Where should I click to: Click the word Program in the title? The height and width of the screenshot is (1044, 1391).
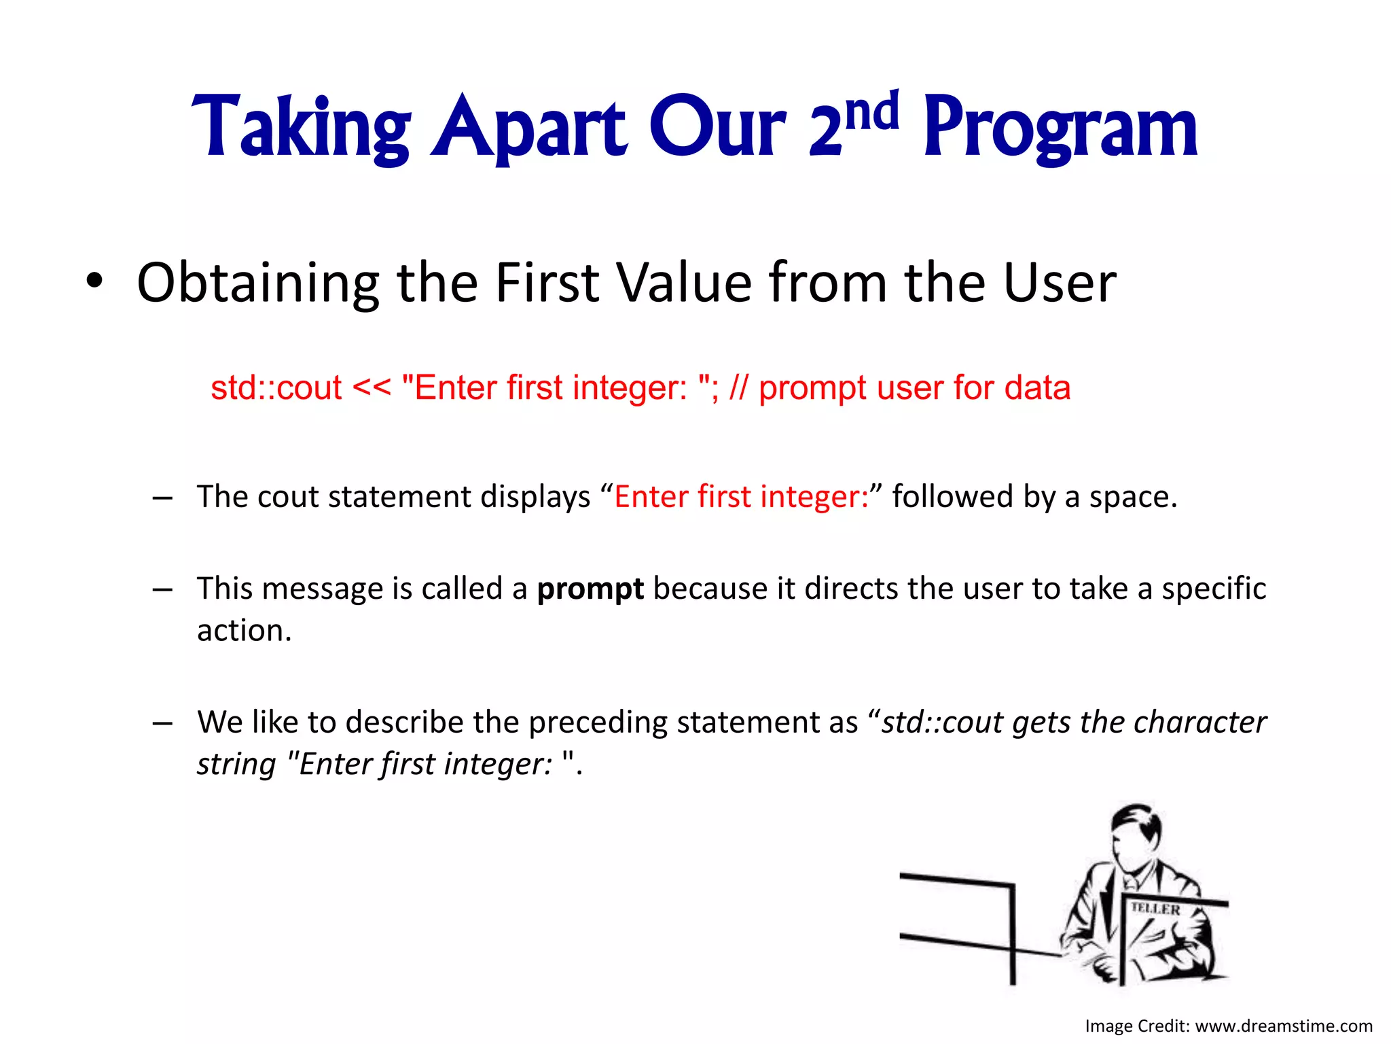1060,129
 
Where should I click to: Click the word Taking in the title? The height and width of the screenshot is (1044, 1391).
301,129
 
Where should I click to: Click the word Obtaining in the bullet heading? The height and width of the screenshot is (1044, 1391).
257,283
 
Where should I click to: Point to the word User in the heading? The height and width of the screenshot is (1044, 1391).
1059,283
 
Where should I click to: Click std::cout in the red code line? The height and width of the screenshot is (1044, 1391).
276,388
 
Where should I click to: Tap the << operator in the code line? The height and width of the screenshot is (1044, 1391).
372,388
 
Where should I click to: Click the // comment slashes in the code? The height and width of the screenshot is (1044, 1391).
738,388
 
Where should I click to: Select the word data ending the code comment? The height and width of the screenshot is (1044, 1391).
1037,388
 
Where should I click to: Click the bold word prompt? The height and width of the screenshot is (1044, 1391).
590,589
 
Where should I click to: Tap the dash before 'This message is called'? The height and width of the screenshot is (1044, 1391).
162,589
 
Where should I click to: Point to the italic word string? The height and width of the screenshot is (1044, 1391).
236,765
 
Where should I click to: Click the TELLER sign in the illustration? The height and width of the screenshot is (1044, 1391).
1155,909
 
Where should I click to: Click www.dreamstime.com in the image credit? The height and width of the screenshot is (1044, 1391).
1283,1026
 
